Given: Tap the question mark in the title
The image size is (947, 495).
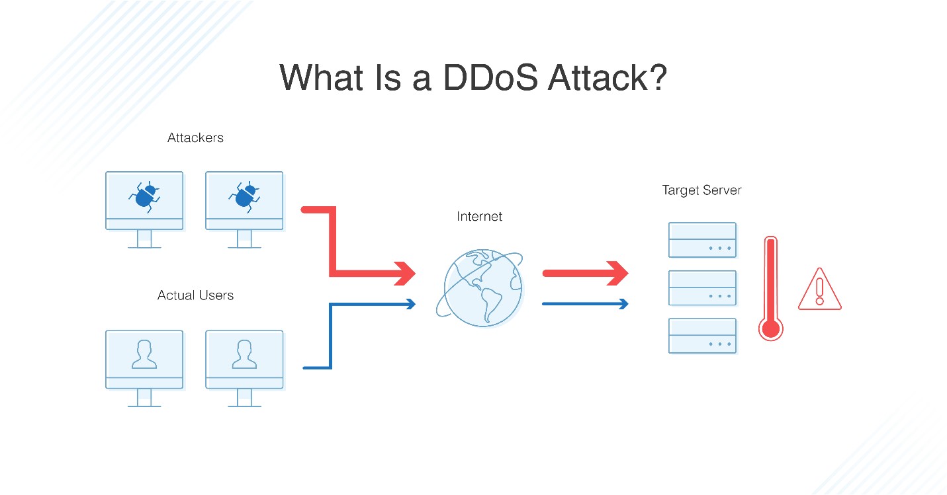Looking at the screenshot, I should (x=654, y=78).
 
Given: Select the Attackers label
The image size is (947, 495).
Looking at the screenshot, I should (x=195, y=138).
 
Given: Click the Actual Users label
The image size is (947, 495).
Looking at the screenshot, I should (x=195, y=295).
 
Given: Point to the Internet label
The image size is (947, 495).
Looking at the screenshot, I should (x=479, y=216).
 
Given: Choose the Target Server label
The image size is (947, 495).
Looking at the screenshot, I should (x=701, y=190).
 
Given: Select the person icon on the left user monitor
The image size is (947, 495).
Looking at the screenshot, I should (x=144, y=354).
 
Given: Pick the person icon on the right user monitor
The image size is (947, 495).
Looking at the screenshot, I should (x=244, y=354).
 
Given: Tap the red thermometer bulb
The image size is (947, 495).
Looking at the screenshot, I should (x=770, y=328).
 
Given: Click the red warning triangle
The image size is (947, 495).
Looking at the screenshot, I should (x=819, y=291).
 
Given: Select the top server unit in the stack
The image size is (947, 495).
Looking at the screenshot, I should (x=702, y=240).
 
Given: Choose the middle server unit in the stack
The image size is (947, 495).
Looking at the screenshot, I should (x=702, y=288).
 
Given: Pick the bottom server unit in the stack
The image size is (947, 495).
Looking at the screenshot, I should (x=702, y=336).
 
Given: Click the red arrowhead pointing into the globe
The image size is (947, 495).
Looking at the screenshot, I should (x=404, y=272).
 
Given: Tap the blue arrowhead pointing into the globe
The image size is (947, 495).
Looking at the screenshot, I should (x=411, y=304).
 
